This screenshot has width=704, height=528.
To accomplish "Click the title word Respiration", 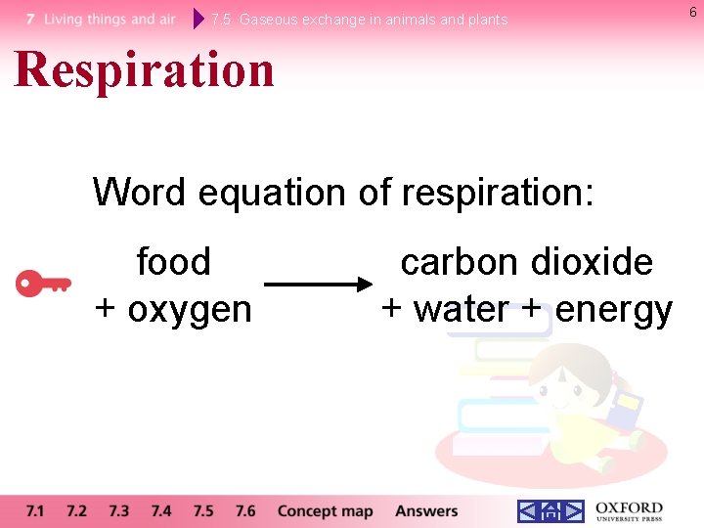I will point(145,70).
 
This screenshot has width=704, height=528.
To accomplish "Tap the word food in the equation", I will point(173,262).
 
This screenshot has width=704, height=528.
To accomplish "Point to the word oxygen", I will point(190,309).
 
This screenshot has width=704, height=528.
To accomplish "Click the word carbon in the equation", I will point(457,262).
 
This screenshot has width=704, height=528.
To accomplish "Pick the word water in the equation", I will point(462,309).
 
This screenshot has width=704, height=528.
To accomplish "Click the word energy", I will point(614,311).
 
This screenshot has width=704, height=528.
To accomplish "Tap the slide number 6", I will point(693,11).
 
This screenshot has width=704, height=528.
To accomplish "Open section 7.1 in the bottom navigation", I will point(35,510).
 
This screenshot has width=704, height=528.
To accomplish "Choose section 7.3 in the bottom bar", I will point(119,510).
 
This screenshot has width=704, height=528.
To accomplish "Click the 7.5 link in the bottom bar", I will point(203,510).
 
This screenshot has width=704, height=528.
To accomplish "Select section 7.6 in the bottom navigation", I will point(245,510).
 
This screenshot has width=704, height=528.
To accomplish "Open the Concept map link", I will point(325,510).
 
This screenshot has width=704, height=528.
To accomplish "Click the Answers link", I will point(426,510).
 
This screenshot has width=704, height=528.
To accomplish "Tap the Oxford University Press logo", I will point(629,511).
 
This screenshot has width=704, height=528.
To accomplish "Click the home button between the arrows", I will point(550,511).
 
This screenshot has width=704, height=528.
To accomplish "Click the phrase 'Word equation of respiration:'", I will point(343,192).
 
